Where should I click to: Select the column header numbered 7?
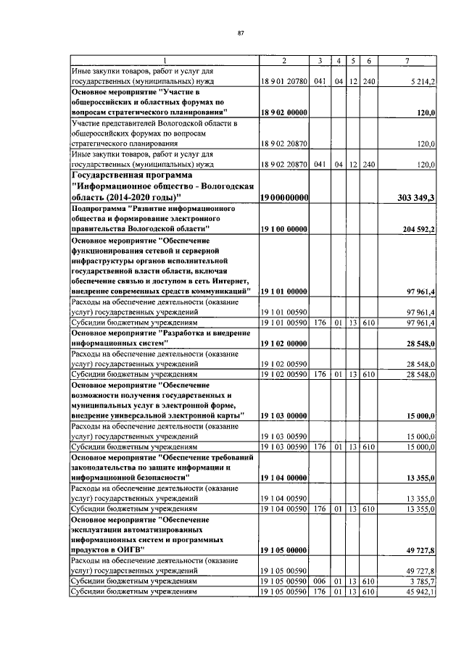point(411,59)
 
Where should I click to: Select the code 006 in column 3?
point(319,581)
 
